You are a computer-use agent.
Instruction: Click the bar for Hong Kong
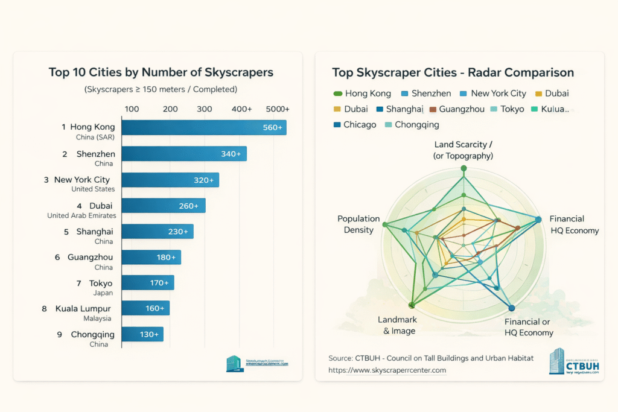coord(203,127)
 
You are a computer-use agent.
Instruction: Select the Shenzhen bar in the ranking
coord(184,154)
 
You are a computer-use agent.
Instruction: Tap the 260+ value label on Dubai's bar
coord(188,206)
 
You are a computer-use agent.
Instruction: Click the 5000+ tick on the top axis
coord(278,109)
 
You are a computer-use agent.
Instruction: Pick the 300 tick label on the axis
coord(205,109)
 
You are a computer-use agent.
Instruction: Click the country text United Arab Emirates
coord(81,215)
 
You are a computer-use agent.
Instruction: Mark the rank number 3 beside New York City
coord(46,180)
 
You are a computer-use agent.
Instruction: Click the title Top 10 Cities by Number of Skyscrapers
coord(161,72)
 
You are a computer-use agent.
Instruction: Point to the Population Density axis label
coord(358,224)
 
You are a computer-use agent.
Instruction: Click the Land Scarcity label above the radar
coord(463,150)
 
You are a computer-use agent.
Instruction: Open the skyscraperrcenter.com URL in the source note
coord(387,370)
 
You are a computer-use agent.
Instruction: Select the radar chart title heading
coord(453,72)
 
